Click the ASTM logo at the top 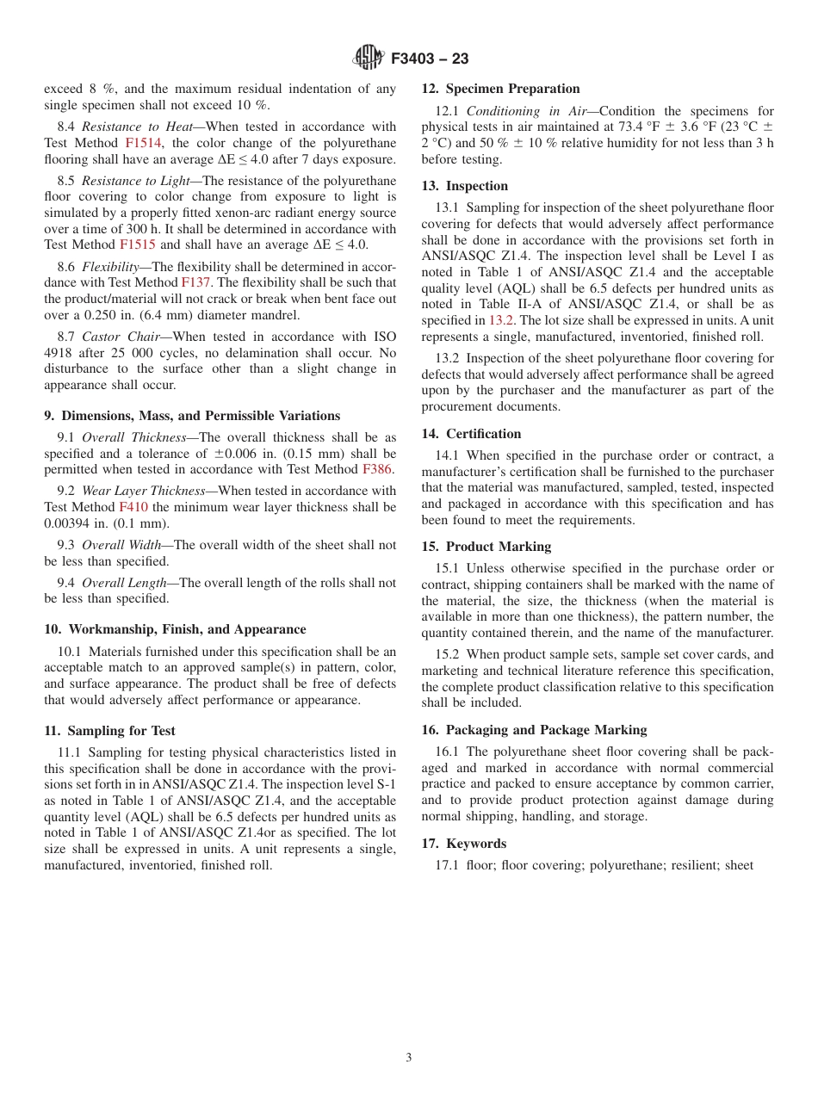tap(368, 58)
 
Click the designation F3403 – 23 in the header tap(430, 59)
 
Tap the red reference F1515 tap(137, 244)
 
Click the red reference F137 tap(195, 282)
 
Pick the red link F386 tap(376, 469)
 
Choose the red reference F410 tap(133, 507)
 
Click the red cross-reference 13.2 tap(501, 321)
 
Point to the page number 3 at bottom tap(409, 1057)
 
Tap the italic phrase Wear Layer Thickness tap(144, 491)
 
